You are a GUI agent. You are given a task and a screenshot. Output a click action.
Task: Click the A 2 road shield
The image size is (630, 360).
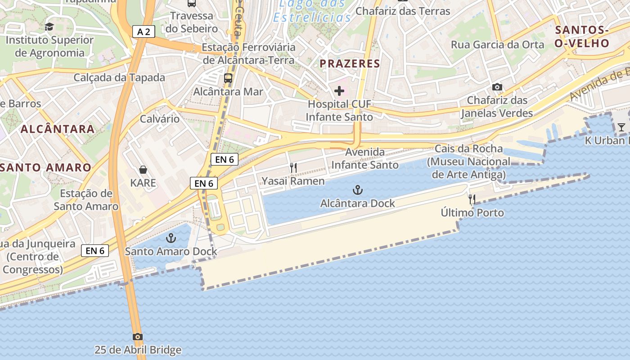pyautogui.click(x=144, y=31)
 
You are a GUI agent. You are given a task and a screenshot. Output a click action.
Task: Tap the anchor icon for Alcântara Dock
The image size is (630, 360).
pyautogui.click(x=358, y=190)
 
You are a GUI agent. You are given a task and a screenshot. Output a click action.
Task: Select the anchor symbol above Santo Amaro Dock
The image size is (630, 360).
pyautogui.click(x=171, y=238)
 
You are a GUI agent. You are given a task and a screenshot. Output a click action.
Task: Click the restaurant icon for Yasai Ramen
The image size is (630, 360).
pyautogui.click(x=293, y=168)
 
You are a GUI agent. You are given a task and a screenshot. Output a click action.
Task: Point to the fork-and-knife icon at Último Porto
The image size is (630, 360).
pyautogui.click(x=472, y=199)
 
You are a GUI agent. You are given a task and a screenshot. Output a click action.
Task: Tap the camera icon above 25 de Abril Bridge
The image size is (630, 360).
pyautogui.click(x=138, y=337)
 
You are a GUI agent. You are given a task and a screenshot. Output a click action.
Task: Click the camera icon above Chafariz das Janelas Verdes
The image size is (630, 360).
pyautogui.click(x=497, y=87)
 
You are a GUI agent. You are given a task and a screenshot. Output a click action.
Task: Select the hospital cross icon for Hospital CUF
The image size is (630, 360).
pyautogui.click(x=339, y=91)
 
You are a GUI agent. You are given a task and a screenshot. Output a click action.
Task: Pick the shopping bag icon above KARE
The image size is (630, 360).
pyautogui.click(x=143, y=170)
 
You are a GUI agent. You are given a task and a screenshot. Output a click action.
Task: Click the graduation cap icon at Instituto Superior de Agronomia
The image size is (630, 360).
pyautogui.click(x=49, y=27)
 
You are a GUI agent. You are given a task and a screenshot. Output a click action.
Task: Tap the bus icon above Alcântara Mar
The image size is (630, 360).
pyautogui.click(x=228, y=78)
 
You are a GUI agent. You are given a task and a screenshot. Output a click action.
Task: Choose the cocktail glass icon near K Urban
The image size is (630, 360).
pyautogui.click(x=621, y=127)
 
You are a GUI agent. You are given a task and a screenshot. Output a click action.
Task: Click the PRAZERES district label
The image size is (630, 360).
pyautogui.click(x=350, y=64)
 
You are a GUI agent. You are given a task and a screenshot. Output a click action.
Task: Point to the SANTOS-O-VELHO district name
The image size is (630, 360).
pyautogui.click(x=582, y=37)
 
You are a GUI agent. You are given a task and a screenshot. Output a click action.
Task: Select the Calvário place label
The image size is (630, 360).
pyautogui.click(x=160, y=119)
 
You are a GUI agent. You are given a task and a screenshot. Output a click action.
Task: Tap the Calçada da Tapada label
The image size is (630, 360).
pyautogui.click(x=119, y=77)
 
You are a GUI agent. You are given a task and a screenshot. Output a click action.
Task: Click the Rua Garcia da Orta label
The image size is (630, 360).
pyautogui.click(x=498, y=45)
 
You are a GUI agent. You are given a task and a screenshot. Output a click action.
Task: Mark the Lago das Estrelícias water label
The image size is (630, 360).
pyautogui.click(x=313, y=11)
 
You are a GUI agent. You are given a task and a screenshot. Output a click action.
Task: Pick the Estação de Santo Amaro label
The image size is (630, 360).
pyautogui.click(x=86, y=200)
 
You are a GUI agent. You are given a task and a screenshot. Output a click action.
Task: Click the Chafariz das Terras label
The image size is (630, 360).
pyautogui.click(x=403, y=11)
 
